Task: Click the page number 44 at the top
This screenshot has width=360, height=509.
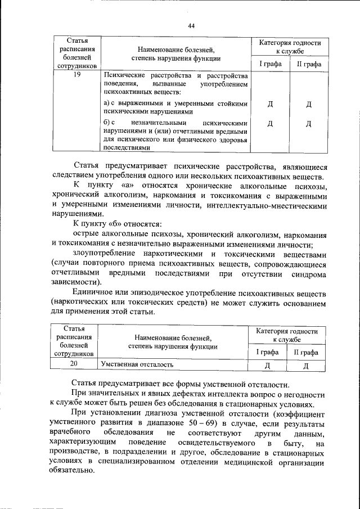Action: tap(191, 26)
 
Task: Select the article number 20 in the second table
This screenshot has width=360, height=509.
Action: tap(74, 364)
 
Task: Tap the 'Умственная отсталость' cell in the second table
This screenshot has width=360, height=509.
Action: tap(137, 364)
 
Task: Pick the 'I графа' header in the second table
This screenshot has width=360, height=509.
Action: tap(268, 352)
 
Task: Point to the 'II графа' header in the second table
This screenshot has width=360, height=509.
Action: tap(306, 352)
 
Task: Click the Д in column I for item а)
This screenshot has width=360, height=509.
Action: tap(271, 105)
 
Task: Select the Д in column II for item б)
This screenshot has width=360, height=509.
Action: tap(309, 124)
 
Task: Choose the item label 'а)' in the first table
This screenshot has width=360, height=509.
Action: tap(107, 103)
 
